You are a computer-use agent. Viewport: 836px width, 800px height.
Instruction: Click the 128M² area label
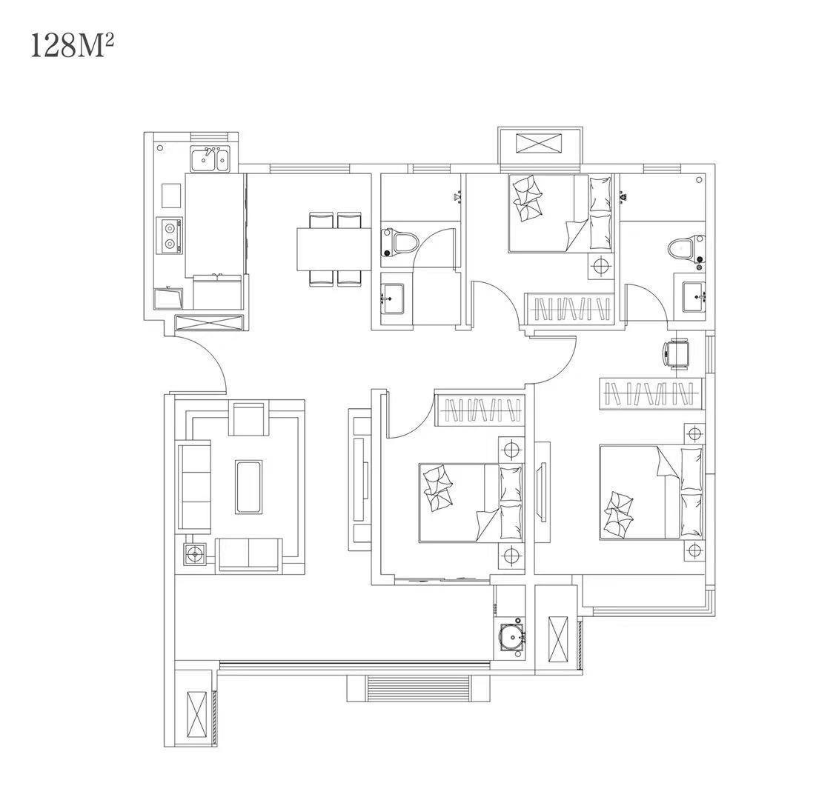pos(73,46)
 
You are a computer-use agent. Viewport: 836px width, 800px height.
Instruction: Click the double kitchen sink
pos(210,159)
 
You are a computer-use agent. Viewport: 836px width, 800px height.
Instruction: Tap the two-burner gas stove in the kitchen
pos(170,236)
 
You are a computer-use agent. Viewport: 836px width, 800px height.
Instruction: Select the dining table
pos(334,249)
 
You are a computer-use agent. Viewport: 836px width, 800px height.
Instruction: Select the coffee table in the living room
pos(248,487)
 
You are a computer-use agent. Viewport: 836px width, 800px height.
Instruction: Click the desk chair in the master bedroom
pos(676,353)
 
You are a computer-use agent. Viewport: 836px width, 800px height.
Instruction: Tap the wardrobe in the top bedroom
pos(571,309)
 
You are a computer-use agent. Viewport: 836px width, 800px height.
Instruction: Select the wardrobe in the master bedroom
pos(651,394)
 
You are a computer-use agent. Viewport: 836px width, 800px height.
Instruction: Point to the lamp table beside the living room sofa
pos(195,555)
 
